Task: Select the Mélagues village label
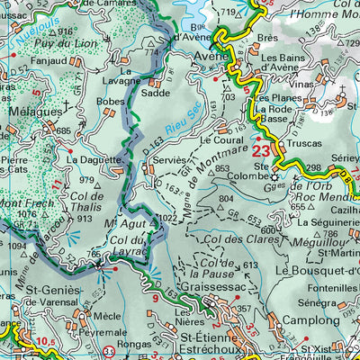tap(31, 112)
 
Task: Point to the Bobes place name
tap(110, 102)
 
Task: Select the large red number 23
tap(262, 150)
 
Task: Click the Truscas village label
tap(303, 143)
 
